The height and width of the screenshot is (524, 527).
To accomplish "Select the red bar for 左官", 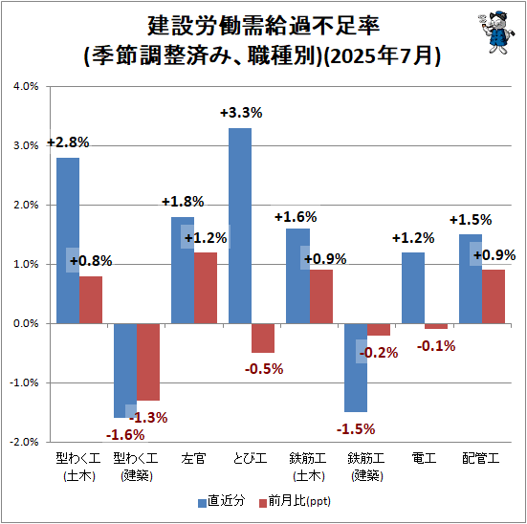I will [x=206, y=288].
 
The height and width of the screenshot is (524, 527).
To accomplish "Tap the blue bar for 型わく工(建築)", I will [x=125, y=370].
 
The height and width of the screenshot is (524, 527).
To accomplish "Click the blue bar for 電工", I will [x=413, y=288].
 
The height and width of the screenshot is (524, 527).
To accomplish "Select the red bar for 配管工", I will [x=494, y=296].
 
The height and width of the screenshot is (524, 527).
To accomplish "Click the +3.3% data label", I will [x=240, y=113].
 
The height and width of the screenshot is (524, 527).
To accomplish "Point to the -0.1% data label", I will [x=436, y=345].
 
